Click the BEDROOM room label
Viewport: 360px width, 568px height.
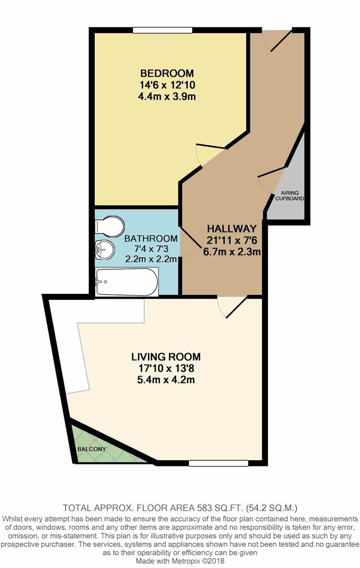167,74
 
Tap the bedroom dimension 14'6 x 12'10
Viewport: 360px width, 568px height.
167,85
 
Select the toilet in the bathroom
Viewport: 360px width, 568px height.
109,226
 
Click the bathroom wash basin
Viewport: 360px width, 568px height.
105,250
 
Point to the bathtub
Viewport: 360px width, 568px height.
126,282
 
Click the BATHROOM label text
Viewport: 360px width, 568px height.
151,239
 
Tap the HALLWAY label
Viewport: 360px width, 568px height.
232,229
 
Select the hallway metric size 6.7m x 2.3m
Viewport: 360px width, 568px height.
232,252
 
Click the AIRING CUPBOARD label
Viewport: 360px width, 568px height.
289,196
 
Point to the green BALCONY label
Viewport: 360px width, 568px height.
92,449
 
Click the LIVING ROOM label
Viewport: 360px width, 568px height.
166,357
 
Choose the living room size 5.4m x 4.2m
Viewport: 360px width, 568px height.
166,380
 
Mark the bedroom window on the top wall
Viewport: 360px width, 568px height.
162,30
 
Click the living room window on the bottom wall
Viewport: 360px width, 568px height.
218,463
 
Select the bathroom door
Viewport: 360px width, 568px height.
190,241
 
